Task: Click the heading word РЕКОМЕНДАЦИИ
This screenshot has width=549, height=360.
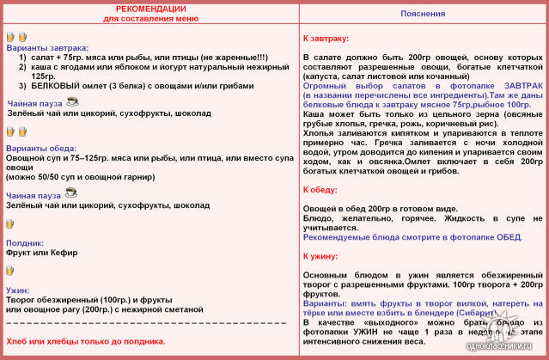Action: [x=150, y=9]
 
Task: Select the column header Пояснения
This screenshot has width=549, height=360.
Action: [x=423, y=15]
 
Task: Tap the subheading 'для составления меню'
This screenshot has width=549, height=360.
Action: [x=150, y=18]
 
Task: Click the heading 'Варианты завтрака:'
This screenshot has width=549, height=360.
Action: [x=47, y=48]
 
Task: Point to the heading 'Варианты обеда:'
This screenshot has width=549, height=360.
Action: [x=42, y=148]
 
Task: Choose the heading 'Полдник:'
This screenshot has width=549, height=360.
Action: [x=25, y=243]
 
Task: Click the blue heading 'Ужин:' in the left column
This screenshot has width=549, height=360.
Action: [x=19, y=290]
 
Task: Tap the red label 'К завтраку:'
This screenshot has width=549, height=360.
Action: [x=326, y=40]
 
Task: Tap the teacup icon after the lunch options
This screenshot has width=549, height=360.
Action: [x=72, y=195]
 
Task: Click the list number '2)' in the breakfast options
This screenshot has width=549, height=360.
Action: [x=23, y=67]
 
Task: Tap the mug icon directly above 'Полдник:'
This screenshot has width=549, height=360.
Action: [x=10, y=223]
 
